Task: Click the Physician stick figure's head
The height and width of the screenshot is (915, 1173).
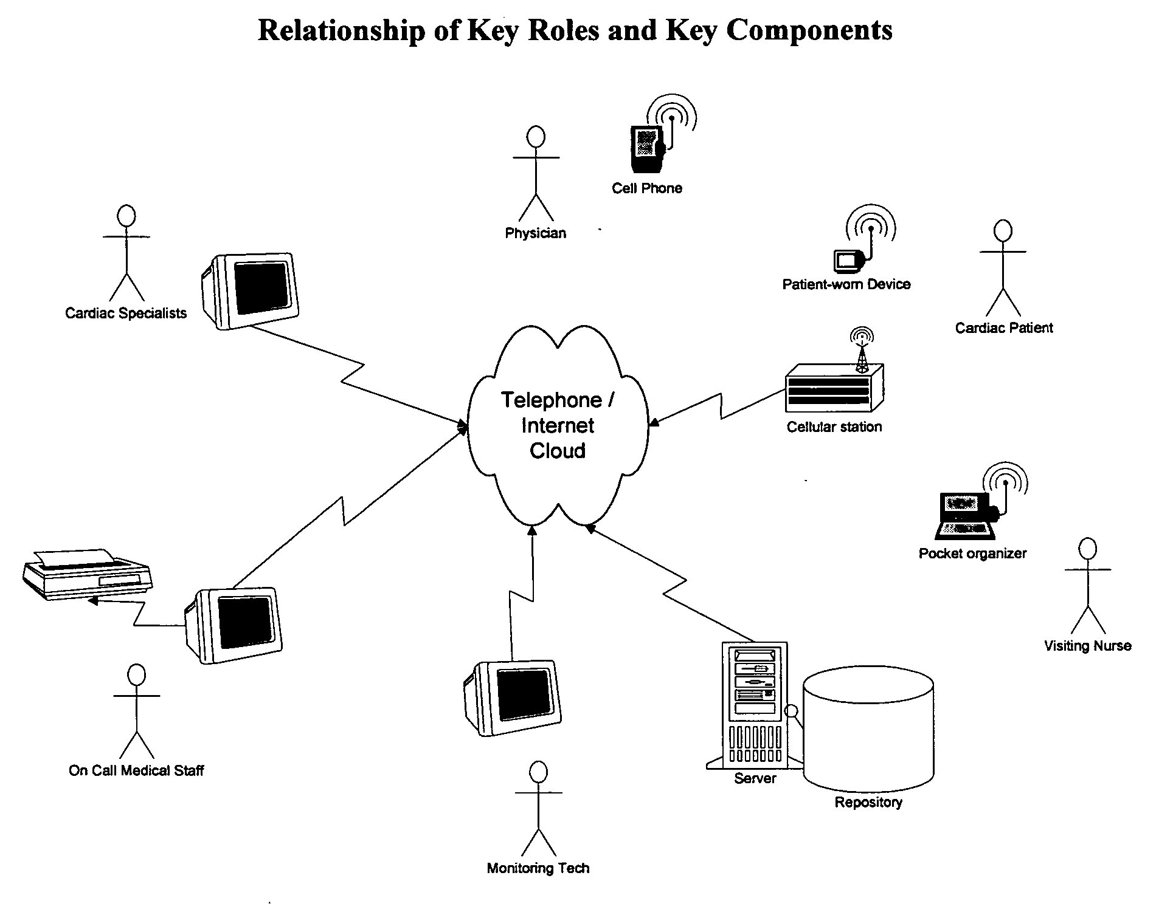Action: click(x=535, y=137)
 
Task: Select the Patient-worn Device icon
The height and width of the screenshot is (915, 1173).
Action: click(x=847, y=260)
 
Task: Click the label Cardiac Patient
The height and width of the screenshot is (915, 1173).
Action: click(x=1003, y=328)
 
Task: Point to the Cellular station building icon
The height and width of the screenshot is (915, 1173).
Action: click(x=834, y=386)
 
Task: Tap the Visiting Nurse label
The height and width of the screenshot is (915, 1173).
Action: click(x=1087, y=646)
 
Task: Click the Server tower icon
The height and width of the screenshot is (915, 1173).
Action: click(x=754, y=705)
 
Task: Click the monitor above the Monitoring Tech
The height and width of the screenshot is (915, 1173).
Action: click(x=512, y=698)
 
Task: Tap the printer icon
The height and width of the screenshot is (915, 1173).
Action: click(x=87, y=574)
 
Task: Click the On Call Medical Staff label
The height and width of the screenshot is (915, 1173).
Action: click(x=136, y=770)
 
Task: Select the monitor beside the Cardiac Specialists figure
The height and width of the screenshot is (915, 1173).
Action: click(x=251, y=290)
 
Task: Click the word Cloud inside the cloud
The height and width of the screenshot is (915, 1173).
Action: click(x=557, y=451)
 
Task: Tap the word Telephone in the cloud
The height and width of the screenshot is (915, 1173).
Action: click(x=551, y=400)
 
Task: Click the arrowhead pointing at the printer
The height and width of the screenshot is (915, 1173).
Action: click(x=92, y=601)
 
